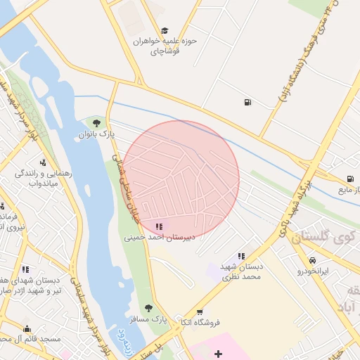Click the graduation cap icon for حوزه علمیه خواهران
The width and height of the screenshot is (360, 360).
165,30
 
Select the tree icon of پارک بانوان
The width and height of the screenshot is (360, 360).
96,123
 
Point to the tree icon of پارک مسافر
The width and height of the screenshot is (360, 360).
148,308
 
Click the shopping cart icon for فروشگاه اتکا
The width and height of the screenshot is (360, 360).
200,311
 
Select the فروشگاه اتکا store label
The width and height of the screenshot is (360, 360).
201,323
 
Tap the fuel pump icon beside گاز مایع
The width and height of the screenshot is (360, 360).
349,179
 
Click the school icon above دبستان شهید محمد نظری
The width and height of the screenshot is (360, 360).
241,257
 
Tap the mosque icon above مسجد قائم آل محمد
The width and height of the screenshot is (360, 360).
27,328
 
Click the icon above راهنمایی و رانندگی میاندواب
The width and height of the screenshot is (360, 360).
44,162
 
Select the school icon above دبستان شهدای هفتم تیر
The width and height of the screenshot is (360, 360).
26,269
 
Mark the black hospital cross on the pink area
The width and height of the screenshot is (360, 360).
218,353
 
